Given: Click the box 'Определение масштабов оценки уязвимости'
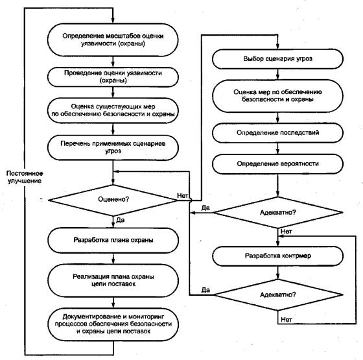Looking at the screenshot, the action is click(113, 40).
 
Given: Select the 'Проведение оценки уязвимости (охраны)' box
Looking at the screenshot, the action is click(113, 77).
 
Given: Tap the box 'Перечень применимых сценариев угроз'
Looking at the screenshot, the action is click(113, 148).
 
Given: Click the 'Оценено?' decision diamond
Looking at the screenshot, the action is click(113, 200).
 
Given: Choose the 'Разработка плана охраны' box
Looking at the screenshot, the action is click(113, 240).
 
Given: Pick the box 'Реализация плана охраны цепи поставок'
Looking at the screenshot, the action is click(113, 280).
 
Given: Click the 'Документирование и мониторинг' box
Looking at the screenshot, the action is click(113, 324).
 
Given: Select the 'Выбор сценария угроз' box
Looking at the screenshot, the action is click(277, 59).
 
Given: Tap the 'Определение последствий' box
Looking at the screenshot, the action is click(277, 133).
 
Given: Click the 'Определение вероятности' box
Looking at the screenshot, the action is click(277, 163).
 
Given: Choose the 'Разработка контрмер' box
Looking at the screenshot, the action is click(277, 256).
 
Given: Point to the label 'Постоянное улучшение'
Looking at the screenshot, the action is click(25, 177).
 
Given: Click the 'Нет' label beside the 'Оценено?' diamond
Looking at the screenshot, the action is click(182, 196).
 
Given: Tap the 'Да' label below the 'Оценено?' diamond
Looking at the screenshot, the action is click(120, 220).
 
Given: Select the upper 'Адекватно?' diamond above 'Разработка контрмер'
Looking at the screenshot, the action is click(277, 213).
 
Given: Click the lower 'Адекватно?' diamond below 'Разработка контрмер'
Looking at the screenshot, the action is click(277, 295).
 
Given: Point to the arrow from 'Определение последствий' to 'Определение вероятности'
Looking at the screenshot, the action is click(277, 149).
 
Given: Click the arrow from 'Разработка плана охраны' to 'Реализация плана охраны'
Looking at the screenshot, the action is click(113, 259).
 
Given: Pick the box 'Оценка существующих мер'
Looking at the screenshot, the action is click(113, 110).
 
